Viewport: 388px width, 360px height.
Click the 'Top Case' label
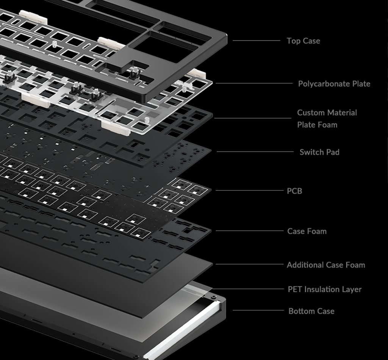[303, 41]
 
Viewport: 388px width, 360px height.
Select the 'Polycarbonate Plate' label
[334, 84]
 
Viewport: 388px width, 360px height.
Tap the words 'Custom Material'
[327, 113]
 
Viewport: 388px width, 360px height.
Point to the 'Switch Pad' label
[319, 152]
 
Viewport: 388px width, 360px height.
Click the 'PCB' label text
[294, 191]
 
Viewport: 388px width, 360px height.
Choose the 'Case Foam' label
[307, 231]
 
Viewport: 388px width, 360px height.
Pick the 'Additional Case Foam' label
[326, 265]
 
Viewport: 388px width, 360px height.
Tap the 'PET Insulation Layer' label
[324, 289]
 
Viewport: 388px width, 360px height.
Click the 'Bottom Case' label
[311, 311]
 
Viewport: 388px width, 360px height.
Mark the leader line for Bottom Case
[258, 310]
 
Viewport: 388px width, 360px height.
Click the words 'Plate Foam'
[317, 125]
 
